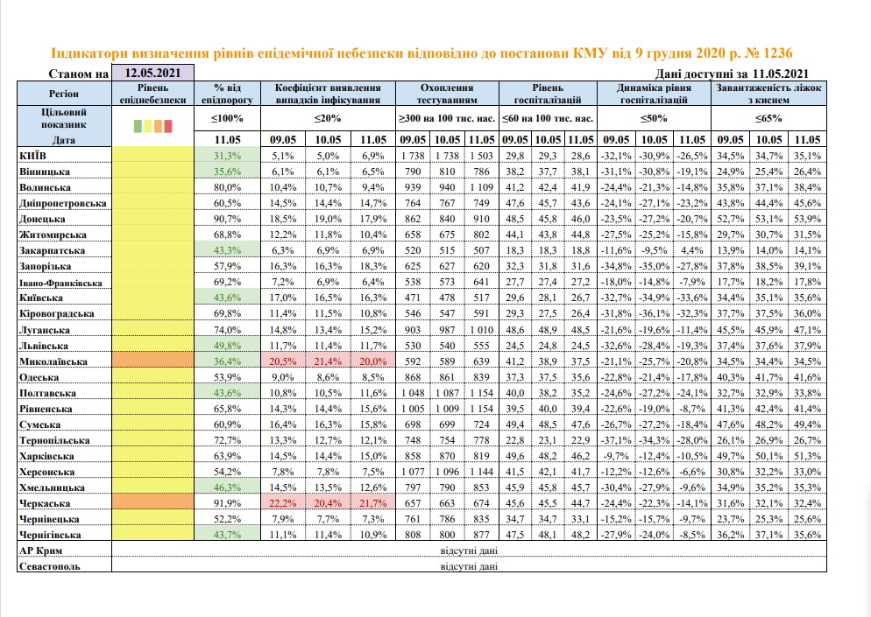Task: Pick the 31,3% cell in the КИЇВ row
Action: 227,155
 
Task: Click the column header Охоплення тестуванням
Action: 448,94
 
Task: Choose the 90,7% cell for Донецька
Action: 227,219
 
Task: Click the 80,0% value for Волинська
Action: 227,187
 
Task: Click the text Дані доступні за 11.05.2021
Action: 731,74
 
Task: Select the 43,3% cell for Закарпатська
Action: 227,250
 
